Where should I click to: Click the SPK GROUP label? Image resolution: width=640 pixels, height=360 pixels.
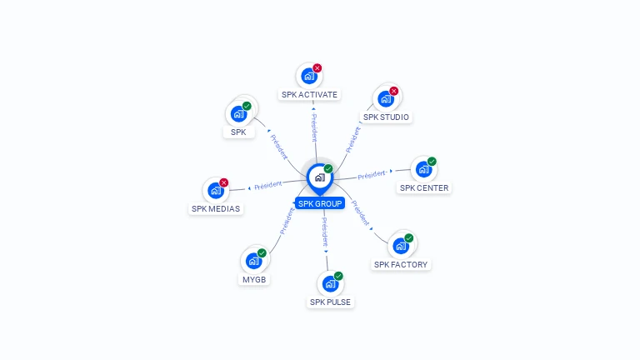point(320,203)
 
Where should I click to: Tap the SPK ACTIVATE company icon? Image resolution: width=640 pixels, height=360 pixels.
point(309,77)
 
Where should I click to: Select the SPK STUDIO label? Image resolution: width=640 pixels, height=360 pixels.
point(386,117)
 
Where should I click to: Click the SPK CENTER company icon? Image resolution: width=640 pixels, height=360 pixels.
point(423,170)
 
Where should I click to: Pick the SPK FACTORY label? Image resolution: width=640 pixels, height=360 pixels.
point(401,265)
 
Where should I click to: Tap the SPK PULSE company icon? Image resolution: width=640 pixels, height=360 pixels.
point(330,284)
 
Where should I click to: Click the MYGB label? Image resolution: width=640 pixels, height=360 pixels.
point(254,280)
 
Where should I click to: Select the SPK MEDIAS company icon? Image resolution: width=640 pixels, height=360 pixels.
point(215,191)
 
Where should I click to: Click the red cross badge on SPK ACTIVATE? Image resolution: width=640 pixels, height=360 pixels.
point(317,68)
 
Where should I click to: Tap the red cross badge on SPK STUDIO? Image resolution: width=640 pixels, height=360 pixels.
point(394,91)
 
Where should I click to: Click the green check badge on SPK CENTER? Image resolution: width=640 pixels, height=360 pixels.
point(432,162)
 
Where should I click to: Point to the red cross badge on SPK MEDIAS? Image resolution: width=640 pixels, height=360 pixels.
point(223,182)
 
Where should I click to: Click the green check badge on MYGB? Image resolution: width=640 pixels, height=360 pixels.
point(262,252)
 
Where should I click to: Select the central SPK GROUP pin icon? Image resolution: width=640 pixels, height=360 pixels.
point(319,177)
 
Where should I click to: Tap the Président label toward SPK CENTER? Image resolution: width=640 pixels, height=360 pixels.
point(372,174)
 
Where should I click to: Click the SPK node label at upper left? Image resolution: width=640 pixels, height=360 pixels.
point(238,132)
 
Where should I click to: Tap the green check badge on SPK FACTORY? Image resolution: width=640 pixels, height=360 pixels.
point(409,237)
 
